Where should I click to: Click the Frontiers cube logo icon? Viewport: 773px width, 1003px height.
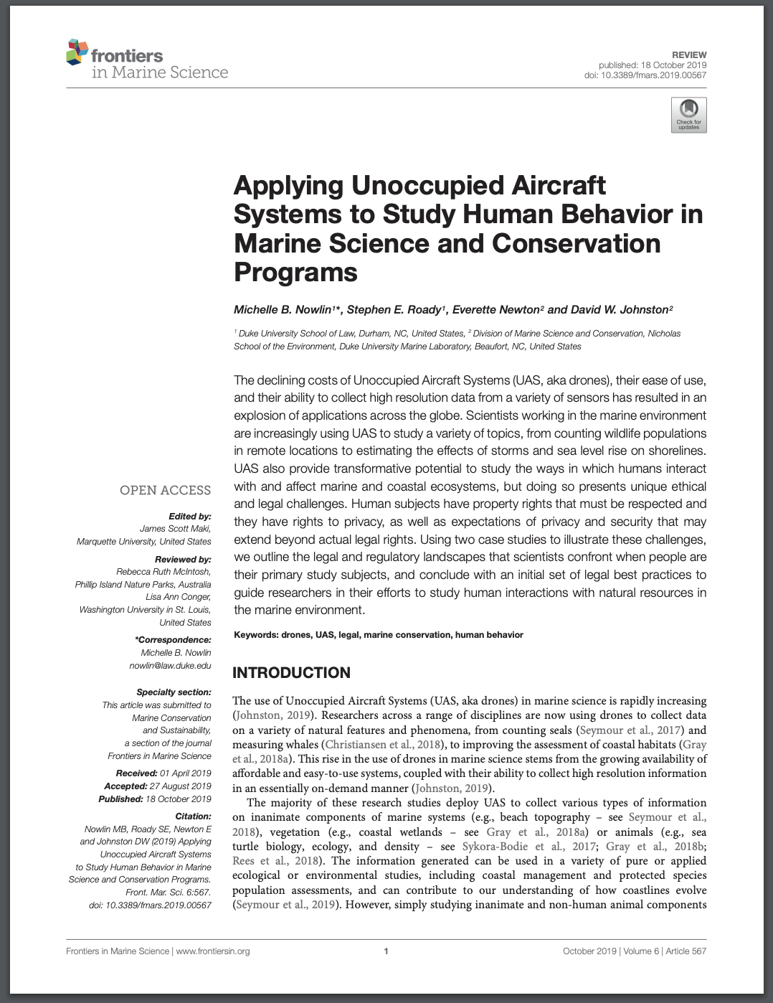tap(77, 52)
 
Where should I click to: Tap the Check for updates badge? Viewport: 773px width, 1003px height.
tap(688, 115)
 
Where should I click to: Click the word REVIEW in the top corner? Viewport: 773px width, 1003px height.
tap(689, 55)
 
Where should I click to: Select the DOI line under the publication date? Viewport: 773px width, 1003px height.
tap(645, 75)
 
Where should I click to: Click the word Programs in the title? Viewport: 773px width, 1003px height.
tap(295, 273)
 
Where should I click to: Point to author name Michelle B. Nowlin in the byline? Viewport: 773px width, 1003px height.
tap(283, 310)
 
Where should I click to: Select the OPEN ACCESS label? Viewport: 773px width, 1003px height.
tap(165, 490)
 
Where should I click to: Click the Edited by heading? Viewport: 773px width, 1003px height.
tap(189, 517)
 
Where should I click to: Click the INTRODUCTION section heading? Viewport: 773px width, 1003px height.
tap(291, 673)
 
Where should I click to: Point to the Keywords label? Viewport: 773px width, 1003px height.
tap(255, 635)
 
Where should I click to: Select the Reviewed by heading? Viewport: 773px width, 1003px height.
tap(183, 560)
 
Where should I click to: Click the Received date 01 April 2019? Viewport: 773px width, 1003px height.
tap(185, 773)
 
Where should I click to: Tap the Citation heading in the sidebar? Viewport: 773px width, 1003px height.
tap(193, 816)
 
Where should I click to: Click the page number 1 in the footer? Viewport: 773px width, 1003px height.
tap(386, 951)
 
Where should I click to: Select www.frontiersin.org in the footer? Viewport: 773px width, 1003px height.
tap(213, 951)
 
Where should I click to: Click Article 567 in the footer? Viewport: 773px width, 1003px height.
tap(686, 951)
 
